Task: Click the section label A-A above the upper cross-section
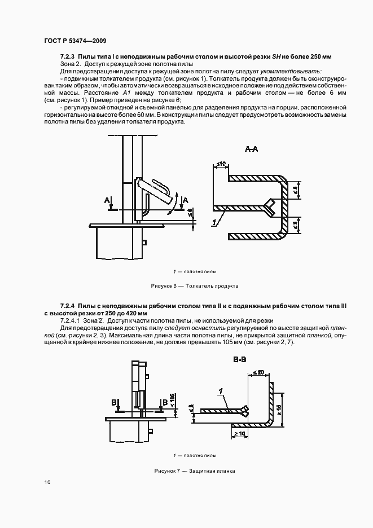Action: pos(252,149)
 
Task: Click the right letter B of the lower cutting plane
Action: pos(164,402)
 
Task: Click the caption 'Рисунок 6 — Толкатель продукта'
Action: pos(195,286)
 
